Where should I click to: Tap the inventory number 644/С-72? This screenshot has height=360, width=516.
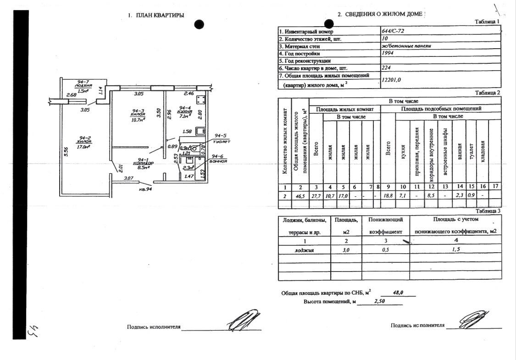tap(392, 31)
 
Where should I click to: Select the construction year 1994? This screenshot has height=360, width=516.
tap(388, 53)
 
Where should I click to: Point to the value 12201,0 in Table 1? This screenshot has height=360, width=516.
tap(391, 80)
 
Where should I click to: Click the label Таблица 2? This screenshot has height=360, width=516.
tap(487, 93)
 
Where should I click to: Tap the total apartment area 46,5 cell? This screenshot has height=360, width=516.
tap(300, 195)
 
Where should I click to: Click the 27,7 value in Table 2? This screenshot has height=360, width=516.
tap(316, 195)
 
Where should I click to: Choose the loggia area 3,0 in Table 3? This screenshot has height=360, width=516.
tap(346, 250)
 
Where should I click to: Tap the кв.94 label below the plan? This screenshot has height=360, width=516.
tap(146, 188)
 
